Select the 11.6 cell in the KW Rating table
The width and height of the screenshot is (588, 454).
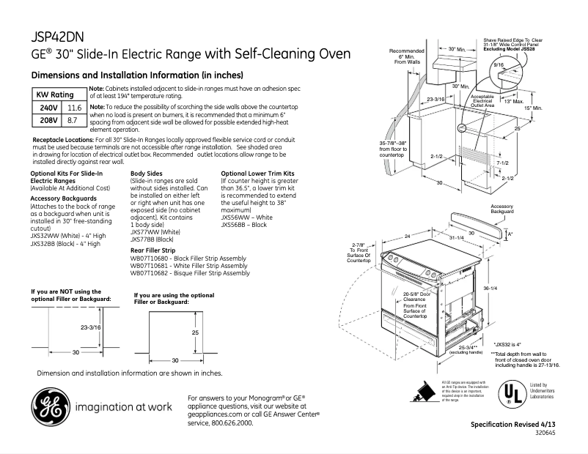(x=74, y=108)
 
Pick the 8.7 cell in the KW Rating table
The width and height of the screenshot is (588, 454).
(x=73, y=119)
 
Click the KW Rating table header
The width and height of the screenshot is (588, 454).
(x=56, y=95)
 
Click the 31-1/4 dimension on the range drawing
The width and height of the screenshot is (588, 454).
(x=456, y=238)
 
